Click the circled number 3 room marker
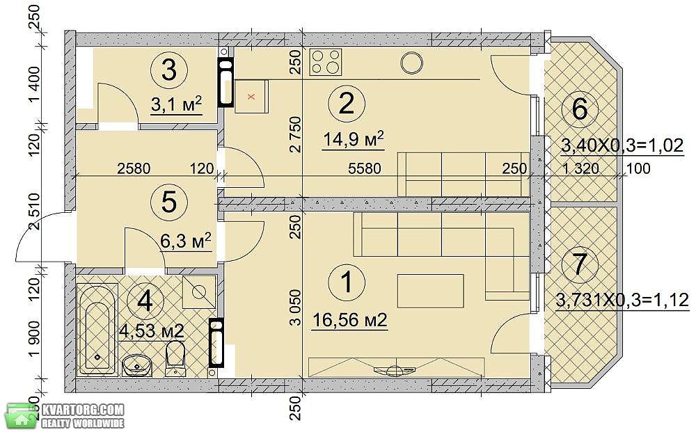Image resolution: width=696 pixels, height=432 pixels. coord(168,70)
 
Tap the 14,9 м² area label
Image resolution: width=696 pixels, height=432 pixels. coord(353,140)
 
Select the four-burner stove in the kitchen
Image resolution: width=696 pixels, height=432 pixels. coord(326,61)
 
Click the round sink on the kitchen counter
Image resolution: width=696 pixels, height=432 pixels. coord(412,63)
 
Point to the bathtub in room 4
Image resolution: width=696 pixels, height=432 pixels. coord(97,330)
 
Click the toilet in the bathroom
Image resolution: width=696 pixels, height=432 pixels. coord(175,358)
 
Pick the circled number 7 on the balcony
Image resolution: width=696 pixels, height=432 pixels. coord(580,265)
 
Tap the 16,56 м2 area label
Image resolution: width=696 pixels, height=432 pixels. coord(350,319)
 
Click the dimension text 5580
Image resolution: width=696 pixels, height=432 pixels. coord(365,168)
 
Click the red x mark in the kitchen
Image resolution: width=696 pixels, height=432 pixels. coord(251,97)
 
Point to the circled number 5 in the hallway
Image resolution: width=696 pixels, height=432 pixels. coord(169,202)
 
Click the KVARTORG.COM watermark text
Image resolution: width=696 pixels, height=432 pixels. coord(83,409)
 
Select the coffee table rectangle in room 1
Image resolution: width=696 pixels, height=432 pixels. coord(431,291)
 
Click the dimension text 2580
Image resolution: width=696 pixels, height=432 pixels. coord(134,168)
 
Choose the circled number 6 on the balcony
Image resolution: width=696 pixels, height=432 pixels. coord(580,108)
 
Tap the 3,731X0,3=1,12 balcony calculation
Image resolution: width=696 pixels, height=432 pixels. coord(623,301)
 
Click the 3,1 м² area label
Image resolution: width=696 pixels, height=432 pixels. coord(177,104)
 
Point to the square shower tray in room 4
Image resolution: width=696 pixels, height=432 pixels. coord(199,292)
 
